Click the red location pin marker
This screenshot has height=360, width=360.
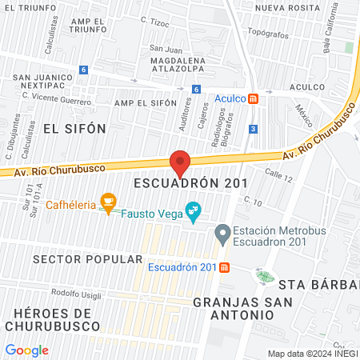point(180,162)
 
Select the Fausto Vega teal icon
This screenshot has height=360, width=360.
point(192,212)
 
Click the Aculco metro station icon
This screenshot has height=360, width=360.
point(253,99)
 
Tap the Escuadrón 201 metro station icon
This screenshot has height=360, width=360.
point(225,267)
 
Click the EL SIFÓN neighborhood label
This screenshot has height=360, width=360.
point(62,127)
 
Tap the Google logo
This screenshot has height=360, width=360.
point(26,350)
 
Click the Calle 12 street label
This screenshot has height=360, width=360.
point(279,174)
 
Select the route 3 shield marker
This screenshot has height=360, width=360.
point(253,129)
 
